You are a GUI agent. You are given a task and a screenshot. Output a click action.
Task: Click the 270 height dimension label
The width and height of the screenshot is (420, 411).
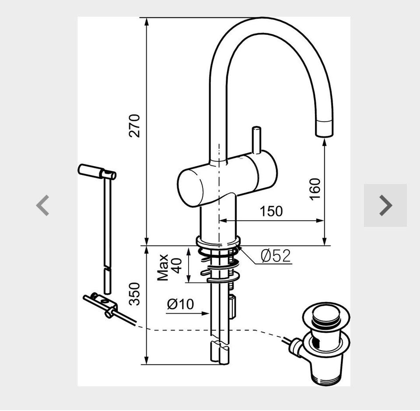(x=134, y=126)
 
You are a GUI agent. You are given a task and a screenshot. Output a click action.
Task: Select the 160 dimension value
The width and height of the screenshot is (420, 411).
(x=315, y=189)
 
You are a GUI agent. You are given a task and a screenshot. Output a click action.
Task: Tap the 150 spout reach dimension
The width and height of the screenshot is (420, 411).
(x=271, y=211)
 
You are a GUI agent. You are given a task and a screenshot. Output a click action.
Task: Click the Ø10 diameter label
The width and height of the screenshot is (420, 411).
(x=180, y=304)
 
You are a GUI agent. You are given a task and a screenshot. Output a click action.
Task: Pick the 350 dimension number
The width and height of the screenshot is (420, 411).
(x=134, y=294)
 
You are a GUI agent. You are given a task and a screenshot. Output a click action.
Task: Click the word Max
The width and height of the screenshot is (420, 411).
(x=163, y=268)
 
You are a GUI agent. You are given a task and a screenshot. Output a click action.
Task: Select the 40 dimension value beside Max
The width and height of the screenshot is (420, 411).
(x=176, y=265)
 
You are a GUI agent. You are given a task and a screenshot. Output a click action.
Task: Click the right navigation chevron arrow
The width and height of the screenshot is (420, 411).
(x=386, y=205)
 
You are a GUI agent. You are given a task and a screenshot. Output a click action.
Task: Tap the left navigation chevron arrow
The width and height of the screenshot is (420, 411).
(x=42, y=205)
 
